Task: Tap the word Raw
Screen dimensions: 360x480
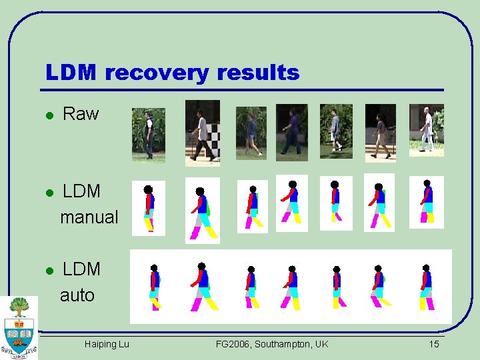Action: click(x=80, y=114)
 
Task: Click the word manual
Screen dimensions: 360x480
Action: click(x=89, y=217)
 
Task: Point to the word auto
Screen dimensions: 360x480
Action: click(x=77, y=295)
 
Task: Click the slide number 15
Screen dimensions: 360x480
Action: click(x=434, y=344)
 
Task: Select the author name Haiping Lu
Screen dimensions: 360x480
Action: click(x=107, y=344)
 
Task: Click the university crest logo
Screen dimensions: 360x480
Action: click(x=19, y=327)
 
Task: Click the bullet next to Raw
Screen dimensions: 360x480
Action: click(x=49, y=115)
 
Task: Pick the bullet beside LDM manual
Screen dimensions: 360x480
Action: click(x=49, y=193)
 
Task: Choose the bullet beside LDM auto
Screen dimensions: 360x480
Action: click(x=49, y=271)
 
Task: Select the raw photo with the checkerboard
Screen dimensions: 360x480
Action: click(x=202, y=133)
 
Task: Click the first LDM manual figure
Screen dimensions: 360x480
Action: click(x=149, y=207)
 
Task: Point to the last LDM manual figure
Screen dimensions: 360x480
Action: click(x=427, y=202)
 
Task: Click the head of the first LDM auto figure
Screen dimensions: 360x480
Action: click(x=154, y=268)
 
